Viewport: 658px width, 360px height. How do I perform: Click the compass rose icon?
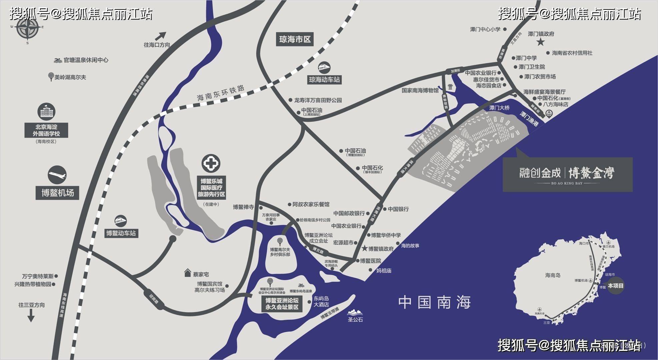click(x=27, y=28)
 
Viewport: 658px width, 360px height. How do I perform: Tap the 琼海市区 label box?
click(x=295, y=40)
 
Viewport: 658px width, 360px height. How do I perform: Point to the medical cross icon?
click(x=211, y=164)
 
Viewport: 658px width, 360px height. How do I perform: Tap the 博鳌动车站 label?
click(x=121, y=233)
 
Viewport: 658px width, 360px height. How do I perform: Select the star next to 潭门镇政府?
click(x=540, y=42)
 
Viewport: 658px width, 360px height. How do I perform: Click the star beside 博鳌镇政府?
click(x=364, y=249)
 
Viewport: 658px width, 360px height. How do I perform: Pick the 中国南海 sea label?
click(x=434, y=302)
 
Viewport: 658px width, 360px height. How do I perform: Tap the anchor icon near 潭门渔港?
click(x=548, y=114)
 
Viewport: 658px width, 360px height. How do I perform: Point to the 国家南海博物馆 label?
click(x=420, y=90)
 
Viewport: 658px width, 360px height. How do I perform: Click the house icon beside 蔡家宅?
click(x=188, y=274)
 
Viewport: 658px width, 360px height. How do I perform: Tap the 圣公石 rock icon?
click(x=355, y=313)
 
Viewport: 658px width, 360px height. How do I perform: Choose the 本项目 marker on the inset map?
click(x=615, y=286)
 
